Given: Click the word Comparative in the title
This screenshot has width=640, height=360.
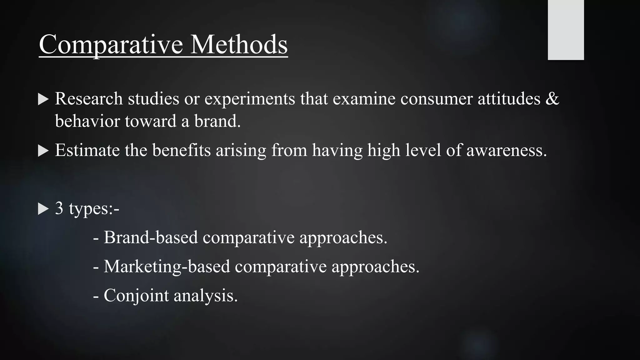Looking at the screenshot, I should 111,45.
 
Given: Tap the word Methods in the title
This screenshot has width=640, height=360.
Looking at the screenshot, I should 239,45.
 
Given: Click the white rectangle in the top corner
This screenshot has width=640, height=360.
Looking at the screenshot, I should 566,30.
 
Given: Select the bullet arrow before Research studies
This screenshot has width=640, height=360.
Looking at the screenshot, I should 43,100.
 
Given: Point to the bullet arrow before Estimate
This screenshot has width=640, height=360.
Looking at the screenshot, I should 43,151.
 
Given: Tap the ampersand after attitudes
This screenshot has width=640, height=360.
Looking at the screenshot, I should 552,99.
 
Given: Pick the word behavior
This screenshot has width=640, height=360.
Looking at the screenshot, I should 87,121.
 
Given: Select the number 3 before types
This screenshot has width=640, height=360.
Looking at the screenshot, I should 59,208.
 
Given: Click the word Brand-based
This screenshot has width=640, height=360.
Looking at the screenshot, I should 151,237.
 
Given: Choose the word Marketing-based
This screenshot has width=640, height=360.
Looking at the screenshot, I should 167,267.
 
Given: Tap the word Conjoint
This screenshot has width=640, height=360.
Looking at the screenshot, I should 136,296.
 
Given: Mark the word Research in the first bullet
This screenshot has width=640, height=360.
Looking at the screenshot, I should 89,99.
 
